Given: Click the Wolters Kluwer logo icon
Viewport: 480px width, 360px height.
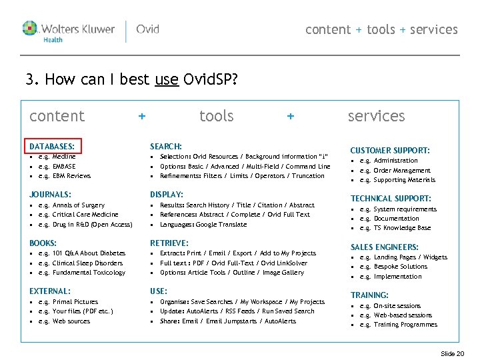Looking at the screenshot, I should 30,29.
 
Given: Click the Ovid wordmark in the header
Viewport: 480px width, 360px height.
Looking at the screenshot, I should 147,29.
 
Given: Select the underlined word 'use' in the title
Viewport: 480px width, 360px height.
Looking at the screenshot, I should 166,81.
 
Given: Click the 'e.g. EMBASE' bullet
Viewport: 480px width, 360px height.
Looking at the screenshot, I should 57,167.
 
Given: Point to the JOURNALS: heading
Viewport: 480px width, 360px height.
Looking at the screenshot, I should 50,195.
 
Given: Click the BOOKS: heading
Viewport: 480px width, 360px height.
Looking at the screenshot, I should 43,243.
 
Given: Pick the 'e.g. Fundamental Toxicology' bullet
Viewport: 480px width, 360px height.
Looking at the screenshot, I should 81,273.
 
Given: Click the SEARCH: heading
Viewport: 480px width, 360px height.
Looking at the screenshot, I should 166,146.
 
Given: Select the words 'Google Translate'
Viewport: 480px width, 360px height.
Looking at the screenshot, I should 221,225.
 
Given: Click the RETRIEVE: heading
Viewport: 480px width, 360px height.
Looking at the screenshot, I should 169,243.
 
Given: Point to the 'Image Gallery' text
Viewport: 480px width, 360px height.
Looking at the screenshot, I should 283,273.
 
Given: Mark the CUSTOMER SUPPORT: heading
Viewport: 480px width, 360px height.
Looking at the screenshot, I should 390,151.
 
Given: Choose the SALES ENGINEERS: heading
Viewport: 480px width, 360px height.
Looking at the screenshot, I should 385,247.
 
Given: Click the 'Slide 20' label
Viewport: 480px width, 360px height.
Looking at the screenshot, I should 452,353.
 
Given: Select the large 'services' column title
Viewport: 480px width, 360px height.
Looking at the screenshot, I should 376,116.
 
